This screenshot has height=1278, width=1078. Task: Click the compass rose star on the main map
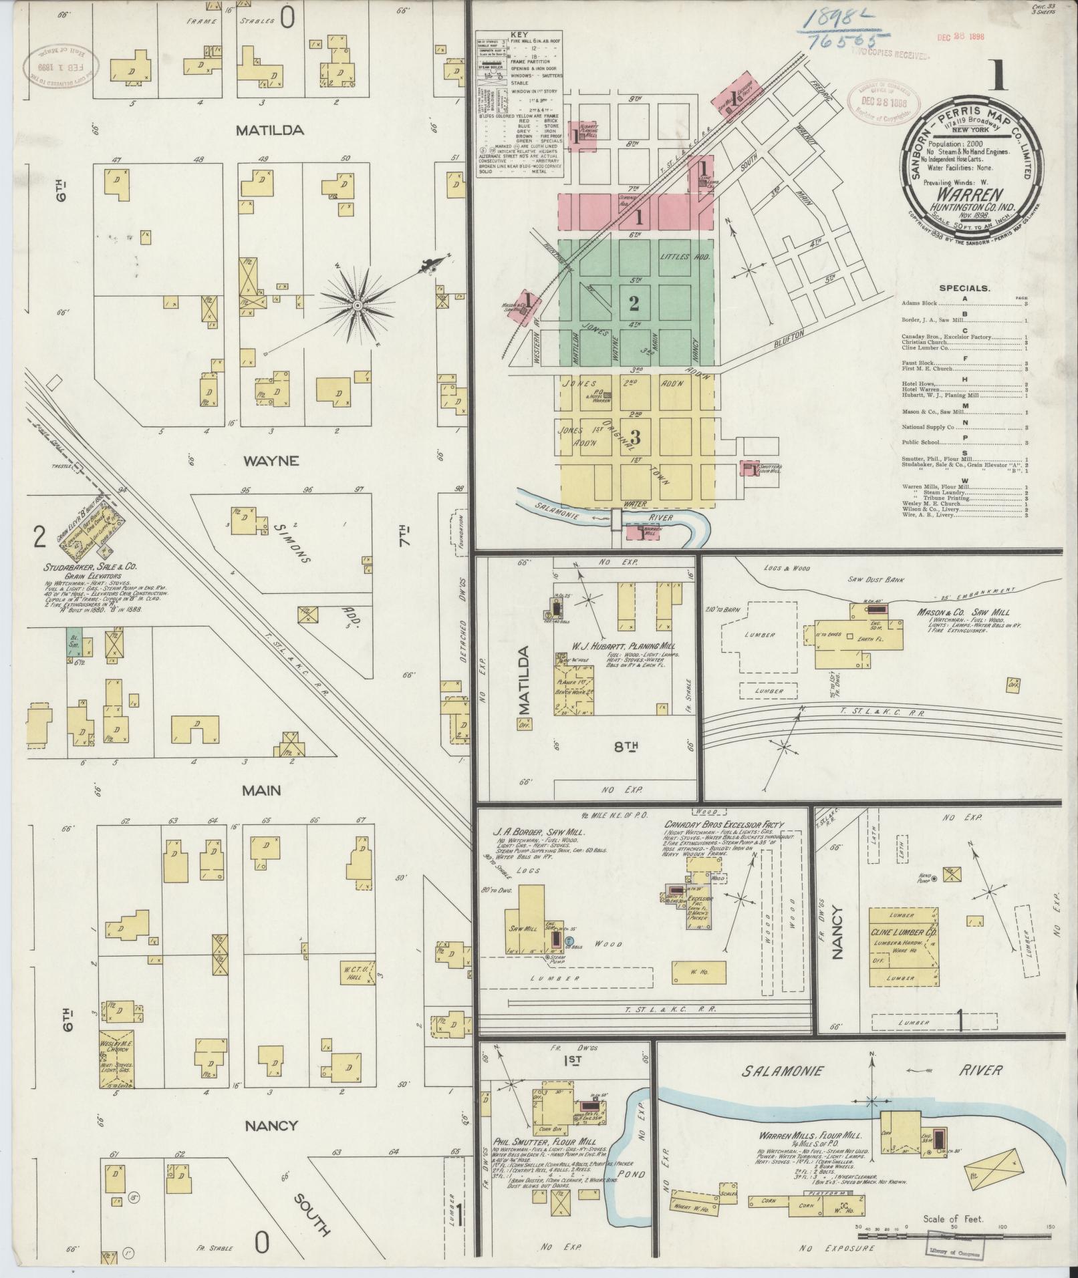pyautogui.click(x=357, y=305)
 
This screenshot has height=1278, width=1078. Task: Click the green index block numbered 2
pyautogui.click(x=634, y=303)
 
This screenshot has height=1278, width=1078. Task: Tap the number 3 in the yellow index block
pyautogui.click(x=635, y=438)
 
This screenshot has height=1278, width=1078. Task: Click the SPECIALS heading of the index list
pyautogui.click(x=964, y=288)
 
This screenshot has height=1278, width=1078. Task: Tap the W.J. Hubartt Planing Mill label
pyautogui.click(x=622, y=646)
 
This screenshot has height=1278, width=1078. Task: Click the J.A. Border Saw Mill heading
pyautogui.click(x=537, y=833)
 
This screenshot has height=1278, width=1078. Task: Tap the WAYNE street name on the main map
pyautogui.click(x=270, y=461)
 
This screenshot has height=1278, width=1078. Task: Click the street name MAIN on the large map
pyautogui.click(x=261, y=791)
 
